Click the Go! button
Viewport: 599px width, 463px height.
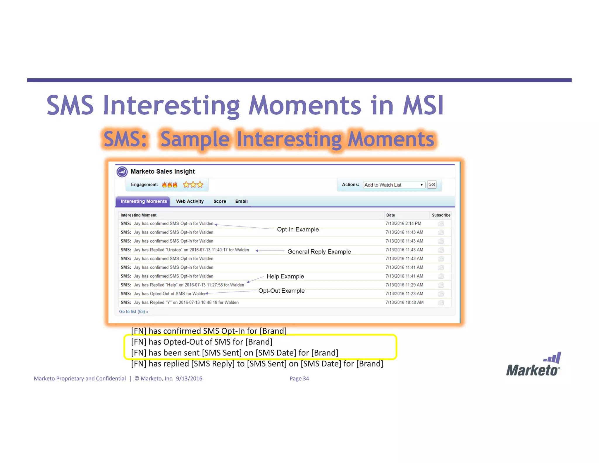tap(432, 184)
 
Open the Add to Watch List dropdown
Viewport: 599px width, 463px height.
tap(394, 185)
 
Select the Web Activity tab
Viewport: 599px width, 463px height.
tap(190, 201)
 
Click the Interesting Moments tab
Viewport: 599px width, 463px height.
tap(144, 201)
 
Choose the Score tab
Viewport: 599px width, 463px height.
tap(220, 201)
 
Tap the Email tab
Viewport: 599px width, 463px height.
tap(241, 201)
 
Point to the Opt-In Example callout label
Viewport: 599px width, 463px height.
tap(298, 229)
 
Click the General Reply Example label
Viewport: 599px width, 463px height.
tap(319, 252)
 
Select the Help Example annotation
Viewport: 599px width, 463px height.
tap(285, 277)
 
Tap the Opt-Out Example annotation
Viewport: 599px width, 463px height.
tap(281, 291)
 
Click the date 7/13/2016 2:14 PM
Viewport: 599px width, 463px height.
tap(403, 224)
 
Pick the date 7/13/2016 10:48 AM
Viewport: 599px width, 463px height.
tap(405, 303)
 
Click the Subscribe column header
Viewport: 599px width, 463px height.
tap(441, 215)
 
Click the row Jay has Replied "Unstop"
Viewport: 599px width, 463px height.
tap(185, 250)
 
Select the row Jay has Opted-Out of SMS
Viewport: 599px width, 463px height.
tap(164, 294)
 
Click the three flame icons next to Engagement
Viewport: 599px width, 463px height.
tap(170, 185)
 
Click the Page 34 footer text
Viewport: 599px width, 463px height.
tap(299, 378)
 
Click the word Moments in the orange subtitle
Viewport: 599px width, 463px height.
tap(391, 139)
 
